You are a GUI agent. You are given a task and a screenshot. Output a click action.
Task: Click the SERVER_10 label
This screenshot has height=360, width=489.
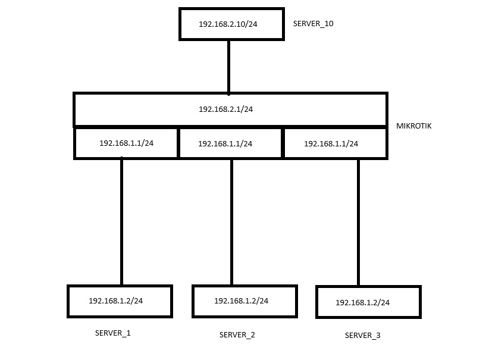pyautogui.click(x=313, y=24)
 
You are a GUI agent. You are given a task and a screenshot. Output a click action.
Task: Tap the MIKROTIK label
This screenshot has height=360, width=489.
pyautogui.click(x=414, y=126)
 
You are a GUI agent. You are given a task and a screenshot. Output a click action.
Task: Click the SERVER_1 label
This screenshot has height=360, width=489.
pyautogui.click(x=112, y=333)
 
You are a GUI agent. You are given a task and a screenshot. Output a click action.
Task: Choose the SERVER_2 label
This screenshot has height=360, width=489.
pyautogui.click(x=237, y=335)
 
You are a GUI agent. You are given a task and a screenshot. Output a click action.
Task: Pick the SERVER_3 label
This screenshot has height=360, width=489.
pyautogui.click(x=362, y=336)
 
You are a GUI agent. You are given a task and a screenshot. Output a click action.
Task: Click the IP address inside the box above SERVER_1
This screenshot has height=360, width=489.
pyautogui.click(x=115, y=301)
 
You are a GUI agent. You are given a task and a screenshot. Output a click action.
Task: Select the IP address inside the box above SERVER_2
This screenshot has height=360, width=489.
pyautogui.click(x=241, y=301)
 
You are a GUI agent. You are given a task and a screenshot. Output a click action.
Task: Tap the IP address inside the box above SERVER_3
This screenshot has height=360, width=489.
pyautogui.click(x=362, y=303)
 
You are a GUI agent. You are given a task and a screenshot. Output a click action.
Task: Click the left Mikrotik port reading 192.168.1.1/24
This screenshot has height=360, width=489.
pyautogui.click(x=126, y=143)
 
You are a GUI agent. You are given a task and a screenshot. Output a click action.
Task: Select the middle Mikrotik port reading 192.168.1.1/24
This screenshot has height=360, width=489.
pyautogui.click(x=225, y=144)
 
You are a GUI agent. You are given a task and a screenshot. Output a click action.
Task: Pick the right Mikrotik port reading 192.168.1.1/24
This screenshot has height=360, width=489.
pyautogui.click(x=331, y=144)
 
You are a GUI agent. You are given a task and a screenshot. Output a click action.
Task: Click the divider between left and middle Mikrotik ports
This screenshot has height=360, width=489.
pyautogui.click(x=178, y=143)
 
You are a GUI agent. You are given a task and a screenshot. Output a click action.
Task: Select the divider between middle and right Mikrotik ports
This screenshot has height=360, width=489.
pyautogui.click(x=283, y=143)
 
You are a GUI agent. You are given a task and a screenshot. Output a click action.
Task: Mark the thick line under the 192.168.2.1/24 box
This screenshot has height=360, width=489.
pyautogui.click(x=231, y=126)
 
